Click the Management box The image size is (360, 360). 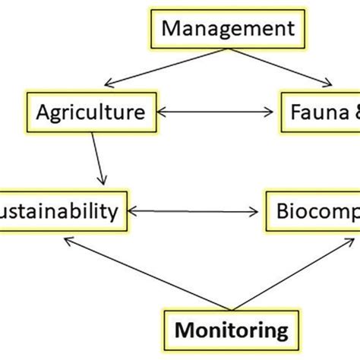tap(229, 30)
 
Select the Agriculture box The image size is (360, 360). tap(90, 112)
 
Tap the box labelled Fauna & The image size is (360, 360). tap(319, 112)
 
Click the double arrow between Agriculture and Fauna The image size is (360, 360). tap(217, 113)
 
